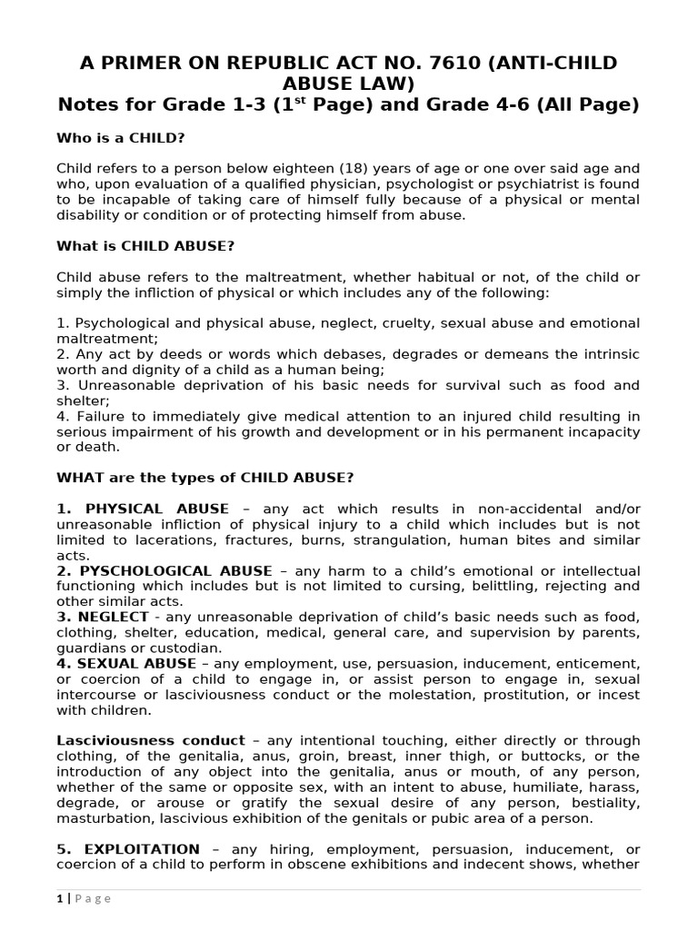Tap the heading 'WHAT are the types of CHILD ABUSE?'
(204, 477)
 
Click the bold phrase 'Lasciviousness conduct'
(151, 740)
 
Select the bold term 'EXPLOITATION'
(141, 848)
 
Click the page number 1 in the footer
(59, 898)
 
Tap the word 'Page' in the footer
(92, 898)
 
